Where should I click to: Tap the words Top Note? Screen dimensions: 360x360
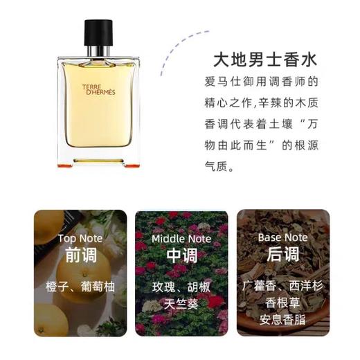pos(80,238)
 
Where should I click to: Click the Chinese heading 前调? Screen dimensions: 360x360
pos(80,256)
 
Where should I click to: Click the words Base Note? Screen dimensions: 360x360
pos(283,237)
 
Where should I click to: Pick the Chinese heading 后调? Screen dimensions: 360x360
pos(283,255)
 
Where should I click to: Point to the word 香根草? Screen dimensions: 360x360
pos(283,304)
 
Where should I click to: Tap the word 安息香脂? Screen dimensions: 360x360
pos(283,320)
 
